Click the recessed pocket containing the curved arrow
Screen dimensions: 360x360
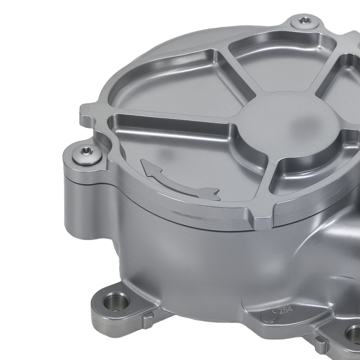[x=187, y=158]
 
